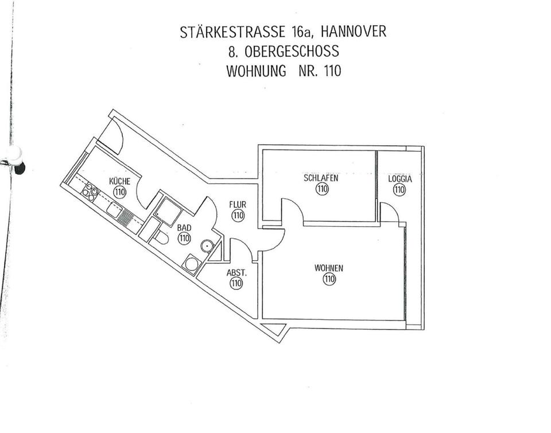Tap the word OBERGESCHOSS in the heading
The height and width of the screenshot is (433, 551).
pos(291,52)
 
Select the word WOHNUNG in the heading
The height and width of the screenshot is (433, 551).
pos(255,72)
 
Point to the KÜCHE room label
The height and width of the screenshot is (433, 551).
pos(119,181)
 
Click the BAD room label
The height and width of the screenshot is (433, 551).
pos(184,227)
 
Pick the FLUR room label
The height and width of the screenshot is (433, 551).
pos(238,204)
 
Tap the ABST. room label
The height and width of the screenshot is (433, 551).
pos(236,273)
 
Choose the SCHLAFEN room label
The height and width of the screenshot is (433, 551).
pos(321,178)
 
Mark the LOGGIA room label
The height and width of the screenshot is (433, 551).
pos(400,179)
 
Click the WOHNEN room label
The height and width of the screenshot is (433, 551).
pos(329,268)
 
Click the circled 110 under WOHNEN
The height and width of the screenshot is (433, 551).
pos(329,280)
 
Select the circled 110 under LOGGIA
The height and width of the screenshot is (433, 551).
pos(400,190)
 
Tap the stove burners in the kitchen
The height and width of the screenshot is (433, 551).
pos(91,191)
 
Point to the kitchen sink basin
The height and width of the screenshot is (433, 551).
pos(113,210)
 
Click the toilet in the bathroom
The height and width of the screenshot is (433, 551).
pos(161,238)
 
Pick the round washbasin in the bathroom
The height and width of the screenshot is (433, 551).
pos(207,246)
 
